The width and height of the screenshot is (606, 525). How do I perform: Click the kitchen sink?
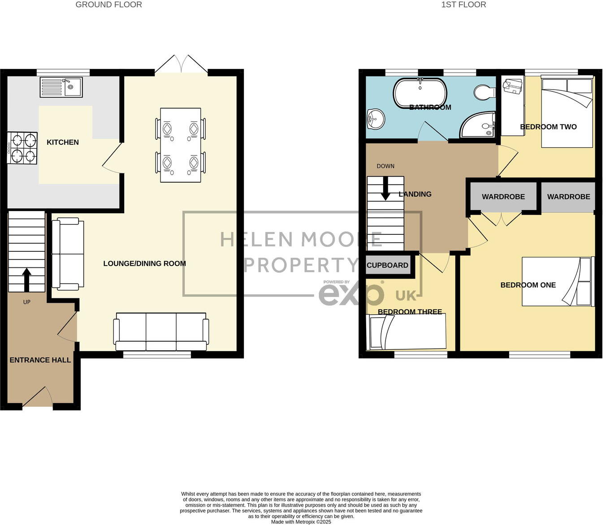(61, 87)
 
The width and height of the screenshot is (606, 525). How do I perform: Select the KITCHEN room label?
(63, 142)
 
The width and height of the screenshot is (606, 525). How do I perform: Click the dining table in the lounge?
(180, 145)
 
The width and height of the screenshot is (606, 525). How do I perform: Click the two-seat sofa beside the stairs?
(68, 254)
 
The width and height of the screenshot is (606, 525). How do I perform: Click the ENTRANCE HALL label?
(40, 360)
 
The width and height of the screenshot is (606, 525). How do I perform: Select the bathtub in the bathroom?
(420, 93)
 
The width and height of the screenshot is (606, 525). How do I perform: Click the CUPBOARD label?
(387, 265)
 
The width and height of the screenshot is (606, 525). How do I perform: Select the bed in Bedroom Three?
(406, 332)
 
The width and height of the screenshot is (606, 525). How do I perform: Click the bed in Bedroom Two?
(567, 112)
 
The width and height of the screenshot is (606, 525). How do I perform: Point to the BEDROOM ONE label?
(528, 285)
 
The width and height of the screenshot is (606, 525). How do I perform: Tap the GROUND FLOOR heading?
(108, 5)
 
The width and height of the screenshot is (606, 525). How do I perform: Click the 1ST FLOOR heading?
(463, 5)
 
